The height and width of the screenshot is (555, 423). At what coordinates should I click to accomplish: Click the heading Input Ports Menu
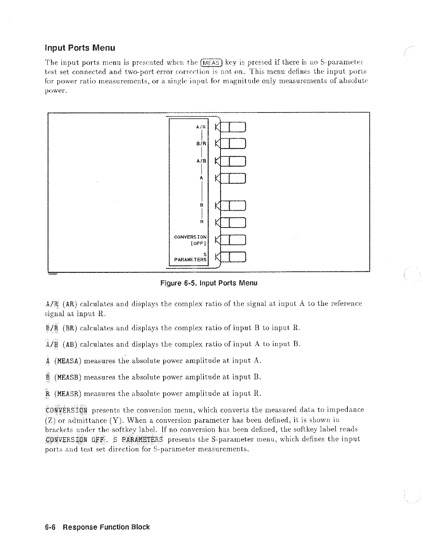[80, 48]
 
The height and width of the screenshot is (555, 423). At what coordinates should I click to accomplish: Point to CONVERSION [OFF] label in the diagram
[191, 240]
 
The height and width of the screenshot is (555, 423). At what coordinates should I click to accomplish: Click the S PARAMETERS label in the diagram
[191, 257]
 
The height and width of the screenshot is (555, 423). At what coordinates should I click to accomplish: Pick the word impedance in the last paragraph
[346, 410]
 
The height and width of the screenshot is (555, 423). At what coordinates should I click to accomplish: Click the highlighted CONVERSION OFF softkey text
[77, 439]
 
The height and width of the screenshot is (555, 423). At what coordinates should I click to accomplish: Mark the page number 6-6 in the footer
[51, 527]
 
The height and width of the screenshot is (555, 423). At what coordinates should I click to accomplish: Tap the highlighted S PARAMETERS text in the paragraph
[138, 439]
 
